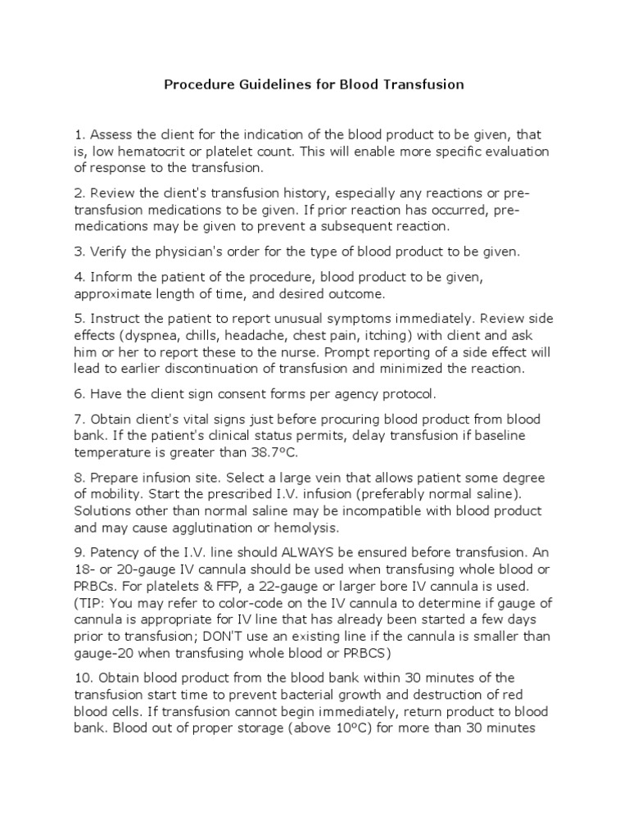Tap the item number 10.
(83, 678)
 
